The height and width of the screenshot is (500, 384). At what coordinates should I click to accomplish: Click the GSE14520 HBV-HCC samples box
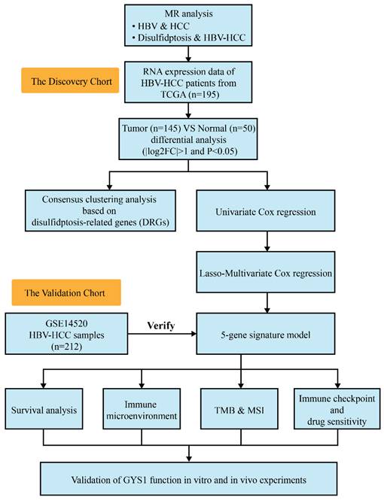[58, 327]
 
